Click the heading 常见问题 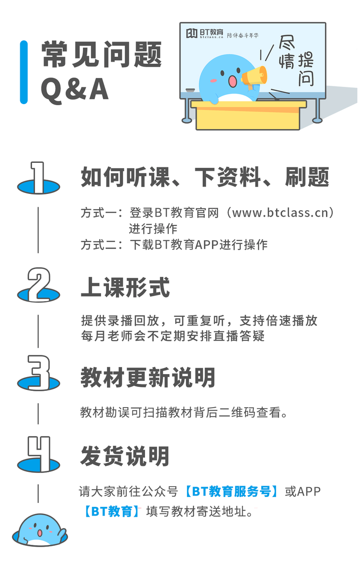tap(102, 54)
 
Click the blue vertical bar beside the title tap(23, 72)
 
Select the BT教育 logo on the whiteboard tap(204, 34)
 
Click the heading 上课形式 tap(125, 287)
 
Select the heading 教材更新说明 tap(148, 378)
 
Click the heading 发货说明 tap(125, 456)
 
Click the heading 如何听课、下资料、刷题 tap(205, 177)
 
